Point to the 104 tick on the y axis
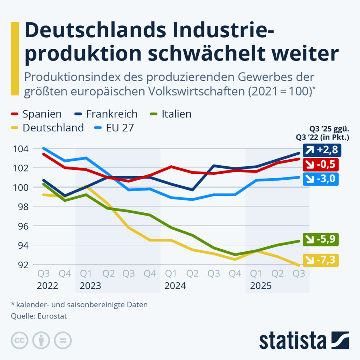(x=21, y=149)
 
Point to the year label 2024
(x=175, y=286)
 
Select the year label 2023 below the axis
(x=90, y=286)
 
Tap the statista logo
(x=304, y=340)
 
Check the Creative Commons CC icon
(x=20, y=340)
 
